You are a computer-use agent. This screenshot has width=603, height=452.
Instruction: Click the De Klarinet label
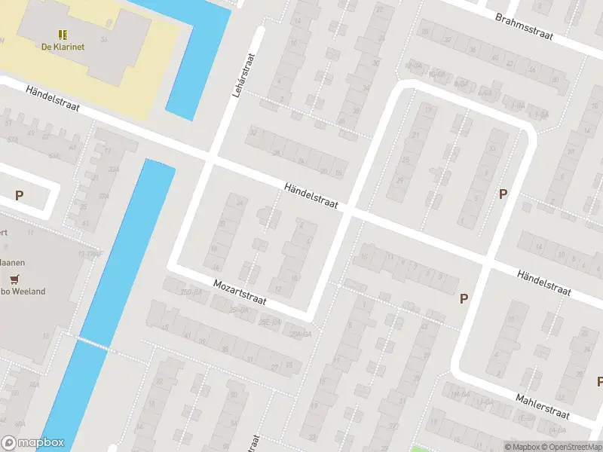point(62,46)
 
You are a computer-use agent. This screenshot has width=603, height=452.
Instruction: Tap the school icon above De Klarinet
point(62,34)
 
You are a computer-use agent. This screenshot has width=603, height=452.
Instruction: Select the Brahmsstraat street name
point(525,26)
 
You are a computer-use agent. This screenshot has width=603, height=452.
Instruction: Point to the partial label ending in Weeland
point(23,292)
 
